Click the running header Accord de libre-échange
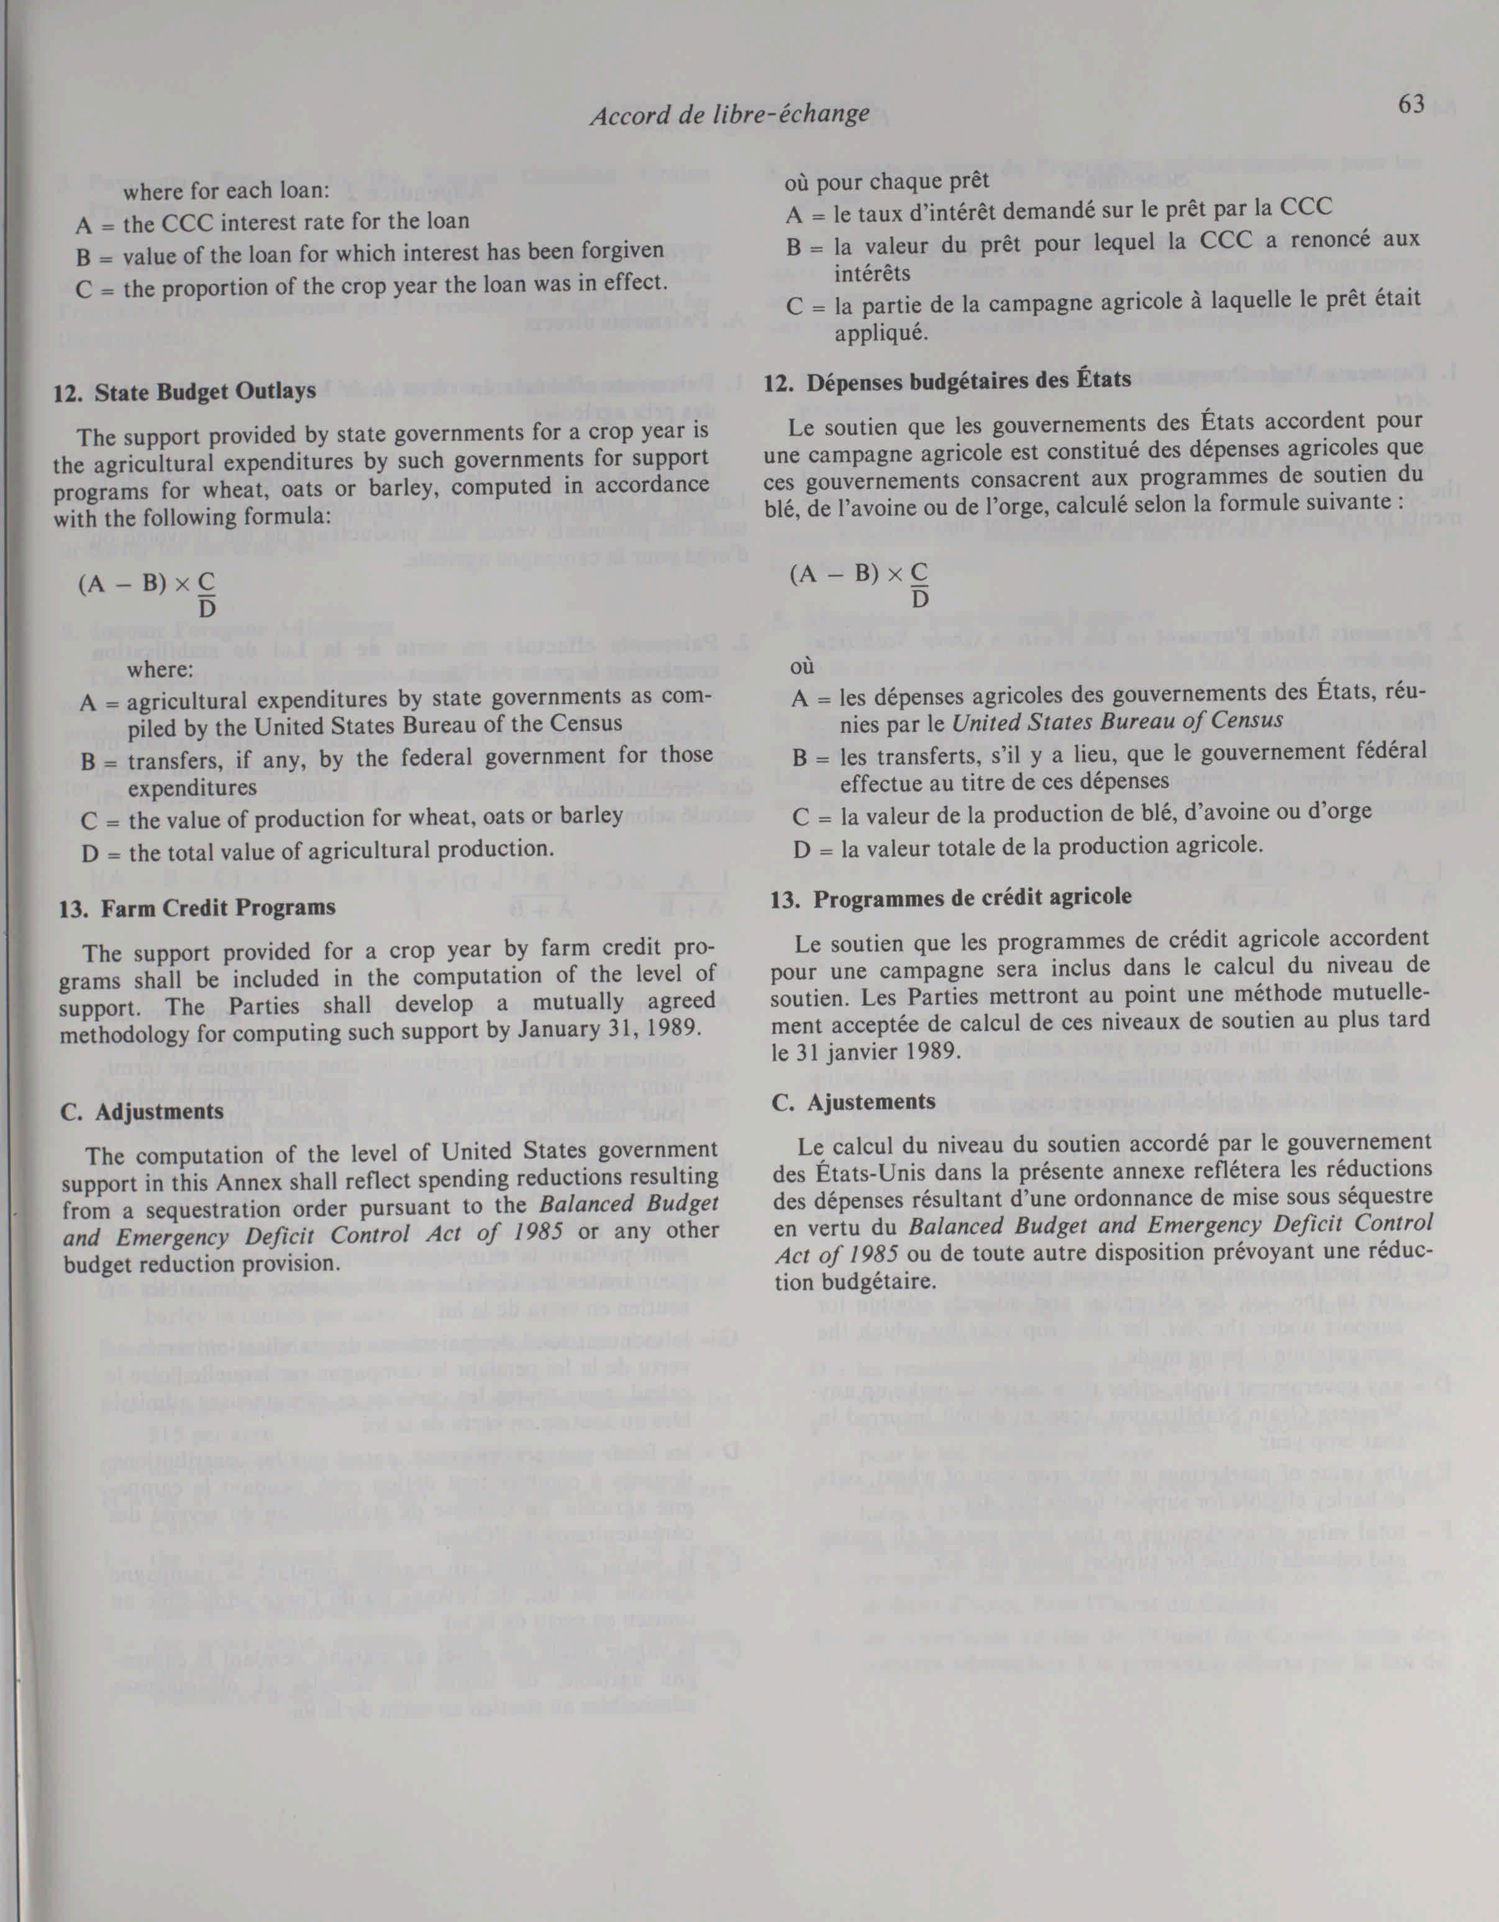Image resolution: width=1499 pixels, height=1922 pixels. coord(729,114)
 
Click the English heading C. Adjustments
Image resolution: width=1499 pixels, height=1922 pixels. coord(143,1112)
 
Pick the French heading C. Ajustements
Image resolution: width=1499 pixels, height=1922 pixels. coord(853,1102)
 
